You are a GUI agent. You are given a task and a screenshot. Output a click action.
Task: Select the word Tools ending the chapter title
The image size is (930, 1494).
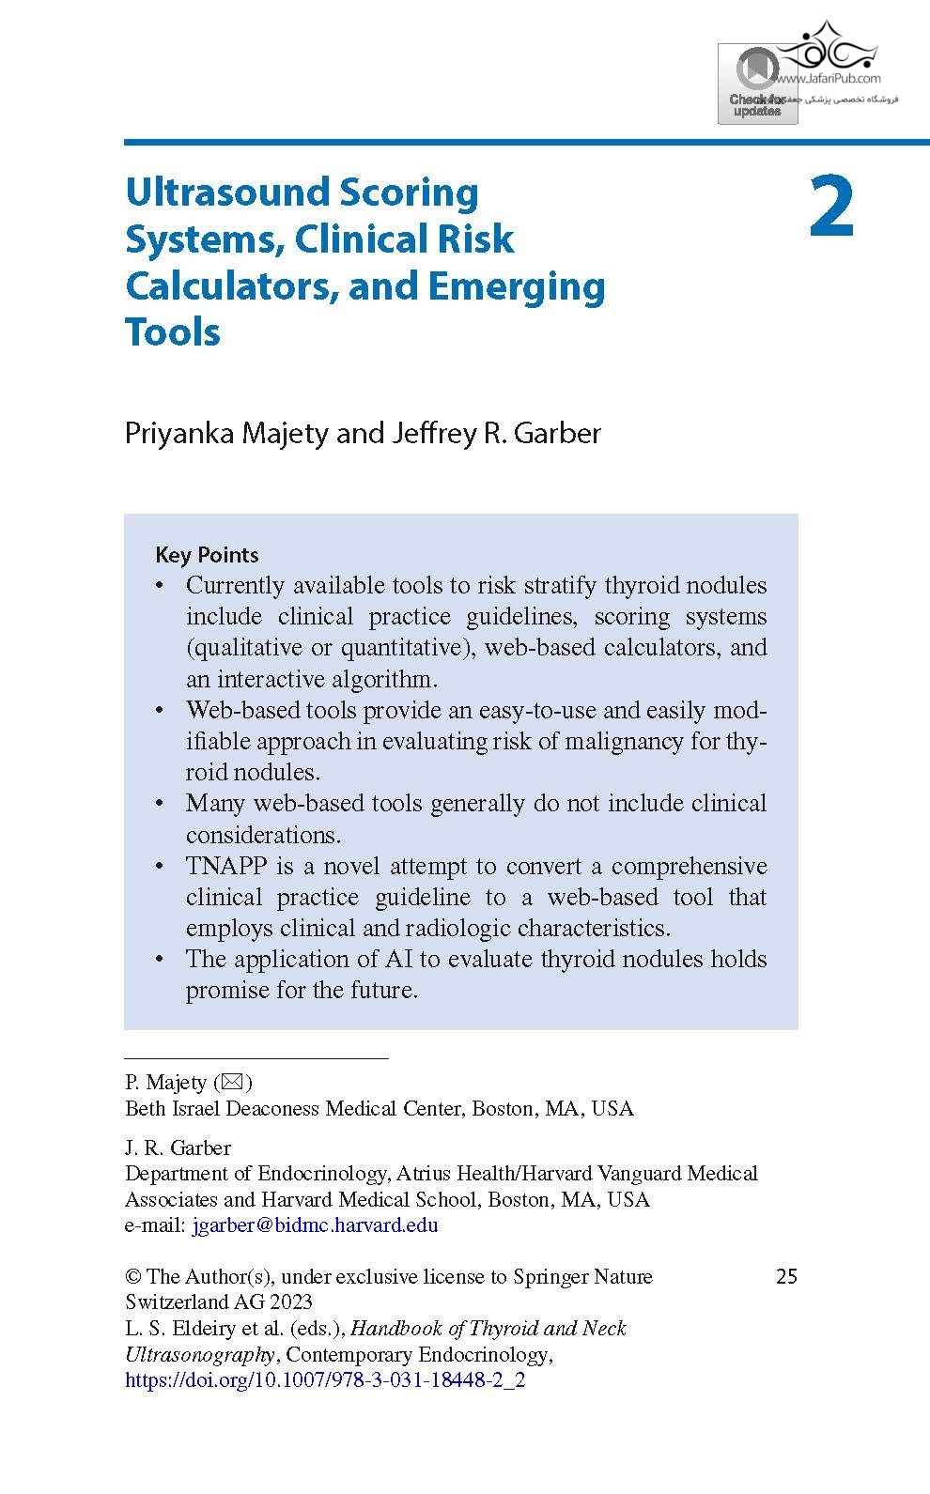(x=173, y=331)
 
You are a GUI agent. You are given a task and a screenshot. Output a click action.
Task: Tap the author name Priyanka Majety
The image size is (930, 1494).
(x=226, y=433)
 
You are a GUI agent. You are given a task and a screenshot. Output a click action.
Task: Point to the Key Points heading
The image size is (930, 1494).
(x=207, y=555)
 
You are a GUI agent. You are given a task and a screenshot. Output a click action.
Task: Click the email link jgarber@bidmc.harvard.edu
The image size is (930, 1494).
(x=315, y=1225)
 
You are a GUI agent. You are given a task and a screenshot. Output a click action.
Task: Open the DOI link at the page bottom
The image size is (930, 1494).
(x=325, y=1380)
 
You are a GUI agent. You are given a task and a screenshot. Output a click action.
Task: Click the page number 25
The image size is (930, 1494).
(x=786, y=1276)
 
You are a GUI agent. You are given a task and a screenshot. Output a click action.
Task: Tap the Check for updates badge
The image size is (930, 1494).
(x=757, y=85)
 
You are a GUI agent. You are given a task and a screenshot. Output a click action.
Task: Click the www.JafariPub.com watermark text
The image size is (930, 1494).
(x=829, y=79)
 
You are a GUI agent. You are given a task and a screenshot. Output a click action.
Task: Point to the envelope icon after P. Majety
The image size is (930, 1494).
(x=233, y=1082)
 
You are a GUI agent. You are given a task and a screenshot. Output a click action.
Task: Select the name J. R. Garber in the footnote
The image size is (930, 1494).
(x=178, y=1147)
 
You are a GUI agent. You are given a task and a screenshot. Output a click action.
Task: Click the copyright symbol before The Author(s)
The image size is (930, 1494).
(x=133, y=1276)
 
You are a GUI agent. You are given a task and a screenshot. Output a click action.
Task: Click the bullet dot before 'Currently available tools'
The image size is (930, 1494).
(x=160, y=586)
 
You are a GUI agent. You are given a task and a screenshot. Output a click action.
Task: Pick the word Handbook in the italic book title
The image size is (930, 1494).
(x=394, y=1329)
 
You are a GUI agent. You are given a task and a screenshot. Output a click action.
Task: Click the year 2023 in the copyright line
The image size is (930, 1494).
(x=290, y=1302)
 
